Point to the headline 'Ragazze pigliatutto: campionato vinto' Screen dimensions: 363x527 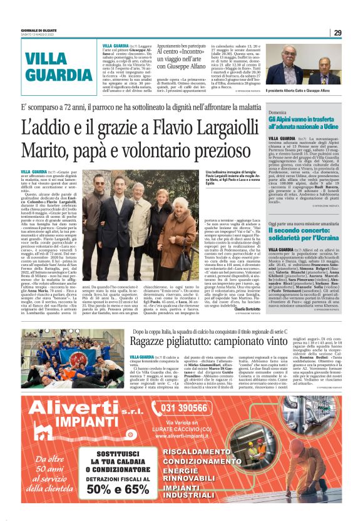coord(226,342)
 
